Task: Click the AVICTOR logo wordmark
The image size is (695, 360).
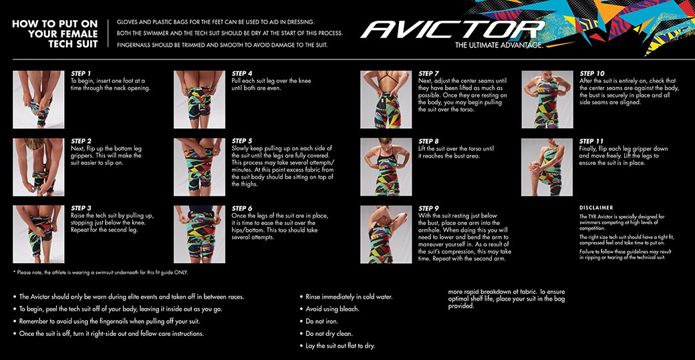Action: tap(452, 29)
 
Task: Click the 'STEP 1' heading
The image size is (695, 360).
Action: tap(81, 73)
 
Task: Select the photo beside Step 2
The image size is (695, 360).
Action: tap(39, 167)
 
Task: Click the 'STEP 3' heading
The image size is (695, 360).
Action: tap(81, 208)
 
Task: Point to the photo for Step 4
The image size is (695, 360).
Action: tap(199, 100)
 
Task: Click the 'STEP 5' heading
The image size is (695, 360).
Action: tap(242, 141)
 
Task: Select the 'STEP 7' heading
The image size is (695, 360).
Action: tap(428, 73)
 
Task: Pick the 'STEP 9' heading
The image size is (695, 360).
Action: tap(428, 208)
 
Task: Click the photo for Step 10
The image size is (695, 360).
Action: tap(547, 100)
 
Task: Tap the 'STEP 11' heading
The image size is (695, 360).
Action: tap(592, 141)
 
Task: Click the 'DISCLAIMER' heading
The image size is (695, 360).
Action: tap(596, 208)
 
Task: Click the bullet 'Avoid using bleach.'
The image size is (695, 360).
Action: tap(333, 309)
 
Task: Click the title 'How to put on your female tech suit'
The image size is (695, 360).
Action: tap(55, 33)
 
